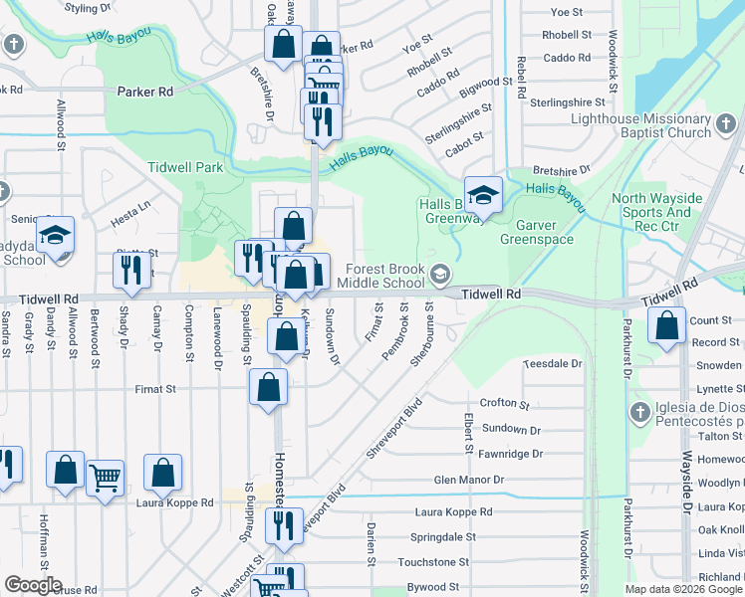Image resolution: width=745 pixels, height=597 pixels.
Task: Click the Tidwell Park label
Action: (x=185, y=167)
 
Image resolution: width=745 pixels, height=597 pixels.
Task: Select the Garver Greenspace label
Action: (x=537, y=232)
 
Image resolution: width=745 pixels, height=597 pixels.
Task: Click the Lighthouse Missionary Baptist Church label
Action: (x=640, y=125)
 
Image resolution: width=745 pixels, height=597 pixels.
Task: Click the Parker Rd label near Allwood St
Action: (x=144, y=92)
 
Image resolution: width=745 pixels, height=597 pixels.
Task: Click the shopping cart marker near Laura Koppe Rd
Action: (x=105, y=479)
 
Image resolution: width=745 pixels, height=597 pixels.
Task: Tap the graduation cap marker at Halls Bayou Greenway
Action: (x=483, y=194)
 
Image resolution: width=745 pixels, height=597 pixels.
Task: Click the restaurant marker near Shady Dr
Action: (x=131, y=271)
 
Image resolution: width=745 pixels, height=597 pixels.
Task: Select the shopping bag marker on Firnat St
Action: (x=268, y=388)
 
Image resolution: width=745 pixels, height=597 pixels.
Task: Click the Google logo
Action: (x=33, y=585)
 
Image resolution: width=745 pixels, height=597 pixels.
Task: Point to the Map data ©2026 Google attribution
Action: (x=683, y=589)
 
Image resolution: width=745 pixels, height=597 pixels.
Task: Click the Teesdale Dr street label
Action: (x=554, y=364)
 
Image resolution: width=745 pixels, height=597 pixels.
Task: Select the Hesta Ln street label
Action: (x=129, y=207)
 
